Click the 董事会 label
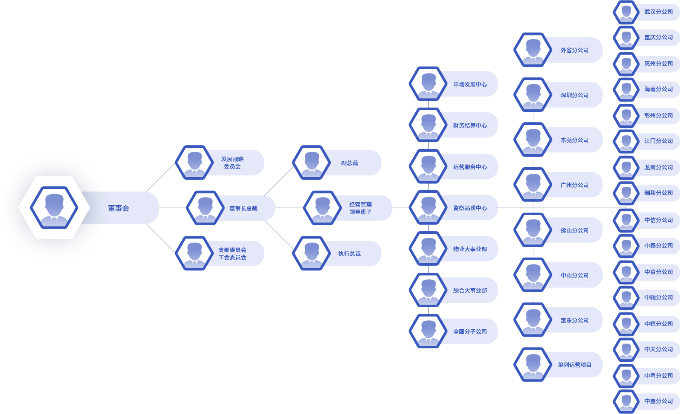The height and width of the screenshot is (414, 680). [119, 208]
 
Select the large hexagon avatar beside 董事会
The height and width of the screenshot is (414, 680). [54, 207]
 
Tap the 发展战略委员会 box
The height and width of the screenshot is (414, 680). [233, 163]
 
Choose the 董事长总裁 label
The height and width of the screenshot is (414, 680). [243, 208]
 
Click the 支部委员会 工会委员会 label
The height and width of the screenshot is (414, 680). [232, 254]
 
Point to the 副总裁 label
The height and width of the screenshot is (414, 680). [350, 163]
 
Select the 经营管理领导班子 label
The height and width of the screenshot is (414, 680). [360, 208]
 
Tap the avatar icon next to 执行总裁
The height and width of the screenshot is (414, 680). [311, 253]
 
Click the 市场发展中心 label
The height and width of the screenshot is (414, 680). [470, 84]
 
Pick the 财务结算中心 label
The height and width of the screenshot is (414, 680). [470, 125]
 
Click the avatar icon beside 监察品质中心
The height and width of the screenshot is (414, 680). [428, 207]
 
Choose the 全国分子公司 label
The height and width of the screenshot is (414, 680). [470, 331]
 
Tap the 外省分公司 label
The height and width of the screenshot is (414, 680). [574, 50]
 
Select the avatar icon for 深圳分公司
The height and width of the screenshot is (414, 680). [533, 95]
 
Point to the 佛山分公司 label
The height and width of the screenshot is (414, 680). [574, 230]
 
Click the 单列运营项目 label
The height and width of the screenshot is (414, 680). [574, 365]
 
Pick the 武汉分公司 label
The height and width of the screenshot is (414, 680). [658, 12]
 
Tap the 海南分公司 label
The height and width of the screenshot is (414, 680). [658, 89]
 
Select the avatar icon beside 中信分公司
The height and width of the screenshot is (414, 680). [626, 220]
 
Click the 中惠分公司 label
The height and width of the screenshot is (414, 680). [658, 401]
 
